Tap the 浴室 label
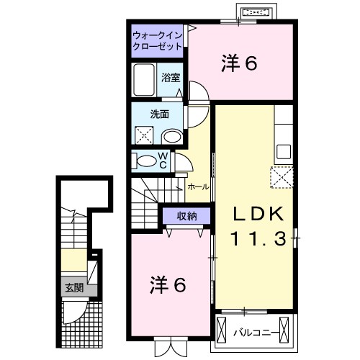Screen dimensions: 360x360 coord(170,77)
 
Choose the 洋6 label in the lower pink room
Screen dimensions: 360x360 coord(168,285)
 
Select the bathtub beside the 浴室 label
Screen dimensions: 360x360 coord(143,78)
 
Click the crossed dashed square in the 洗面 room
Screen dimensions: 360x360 coord(145,135)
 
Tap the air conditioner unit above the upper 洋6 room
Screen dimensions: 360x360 coord(257,13)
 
